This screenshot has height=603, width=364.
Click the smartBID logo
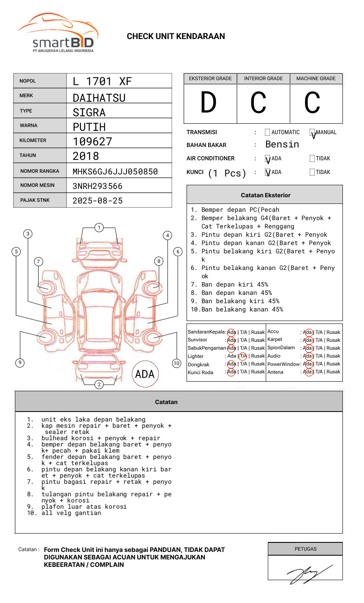click(58, 33)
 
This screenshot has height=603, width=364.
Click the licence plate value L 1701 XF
click(102, 81)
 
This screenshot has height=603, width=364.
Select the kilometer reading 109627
click(92, 142)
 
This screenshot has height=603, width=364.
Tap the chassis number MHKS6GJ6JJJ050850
click(115, 172)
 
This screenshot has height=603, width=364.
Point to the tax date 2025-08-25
click(97, 201)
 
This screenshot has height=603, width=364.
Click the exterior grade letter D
click(209, 103)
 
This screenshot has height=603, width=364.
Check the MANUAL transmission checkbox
click(312, 133)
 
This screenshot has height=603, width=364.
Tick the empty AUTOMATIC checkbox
click(267, 132)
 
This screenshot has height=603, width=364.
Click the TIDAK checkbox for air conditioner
click(312, 159)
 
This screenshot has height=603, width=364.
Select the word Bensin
click(282, 145)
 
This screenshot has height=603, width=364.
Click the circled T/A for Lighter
click(243, 356)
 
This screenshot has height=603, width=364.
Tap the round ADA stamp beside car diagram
click(145, 374)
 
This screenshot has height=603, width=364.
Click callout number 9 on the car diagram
click(20, 363)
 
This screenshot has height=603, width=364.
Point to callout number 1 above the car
click(99, 228)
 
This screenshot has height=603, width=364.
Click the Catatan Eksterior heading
click(265, 195)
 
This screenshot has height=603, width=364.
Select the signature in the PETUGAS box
click(308, 574)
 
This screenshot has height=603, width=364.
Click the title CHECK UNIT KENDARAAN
click(176, 37)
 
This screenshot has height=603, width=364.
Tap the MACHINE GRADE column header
click(316, 78)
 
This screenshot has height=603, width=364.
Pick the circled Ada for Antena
click(308, 372)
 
